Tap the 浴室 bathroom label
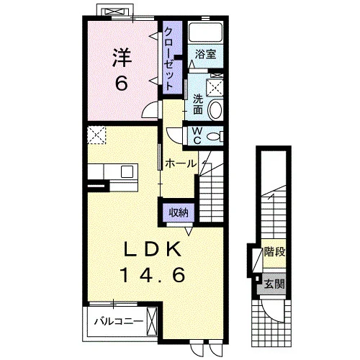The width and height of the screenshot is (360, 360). [x=205, y=54]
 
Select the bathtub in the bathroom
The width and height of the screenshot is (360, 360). [x=205, y=32]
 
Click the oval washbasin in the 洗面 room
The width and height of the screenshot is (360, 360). [x=215, y=110]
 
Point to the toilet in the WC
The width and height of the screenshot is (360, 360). [x=215, y=137]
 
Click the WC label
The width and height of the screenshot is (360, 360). [x=197, y=136]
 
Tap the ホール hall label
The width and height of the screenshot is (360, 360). [x=181, y=163]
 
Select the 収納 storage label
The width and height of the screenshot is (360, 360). [x=179, y=212]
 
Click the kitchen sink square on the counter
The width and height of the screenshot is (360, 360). [x=127, y=171]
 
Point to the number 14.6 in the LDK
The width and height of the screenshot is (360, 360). [x=153, y=274]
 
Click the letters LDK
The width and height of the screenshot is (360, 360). [x=153, y=249]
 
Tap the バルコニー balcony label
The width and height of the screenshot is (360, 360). [x=119, y=321]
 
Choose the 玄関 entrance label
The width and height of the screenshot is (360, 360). [x=274, y=284]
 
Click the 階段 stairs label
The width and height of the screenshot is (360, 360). [x=274, y=252]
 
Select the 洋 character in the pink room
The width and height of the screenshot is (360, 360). [x=122, y=58]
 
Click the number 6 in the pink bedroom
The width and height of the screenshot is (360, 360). [x=122, y=83]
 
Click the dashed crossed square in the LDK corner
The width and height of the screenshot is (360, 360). [x=96, y=135]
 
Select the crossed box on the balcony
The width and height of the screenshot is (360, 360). [x=152, y=322]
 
